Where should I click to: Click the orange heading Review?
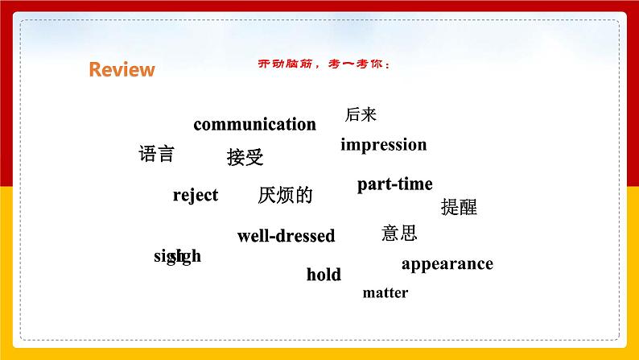tap(122, 70)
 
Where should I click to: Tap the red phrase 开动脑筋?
tap(274, 66)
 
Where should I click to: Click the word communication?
tap(254, 124)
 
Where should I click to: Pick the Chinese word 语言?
tap(156, 154)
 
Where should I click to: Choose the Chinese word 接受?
tap(245, 157)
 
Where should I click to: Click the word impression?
tap(383, 145)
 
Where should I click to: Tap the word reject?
tap(196, 195)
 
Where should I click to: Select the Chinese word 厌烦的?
tap(285, 195)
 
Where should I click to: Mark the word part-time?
tap(394, 184)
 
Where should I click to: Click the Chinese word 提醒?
tap(459, 207)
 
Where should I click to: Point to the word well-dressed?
tap(286, 236)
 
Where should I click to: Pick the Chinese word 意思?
tap(399, 234)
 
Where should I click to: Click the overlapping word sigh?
tap(177, 257)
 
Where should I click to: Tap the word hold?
tap(324, 275)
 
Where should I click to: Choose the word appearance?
tap(447, 263)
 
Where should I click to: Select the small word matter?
tap(385, 293)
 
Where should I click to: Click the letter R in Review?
tap(95, 70)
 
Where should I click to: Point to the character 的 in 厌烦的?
tap(303, 195)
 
